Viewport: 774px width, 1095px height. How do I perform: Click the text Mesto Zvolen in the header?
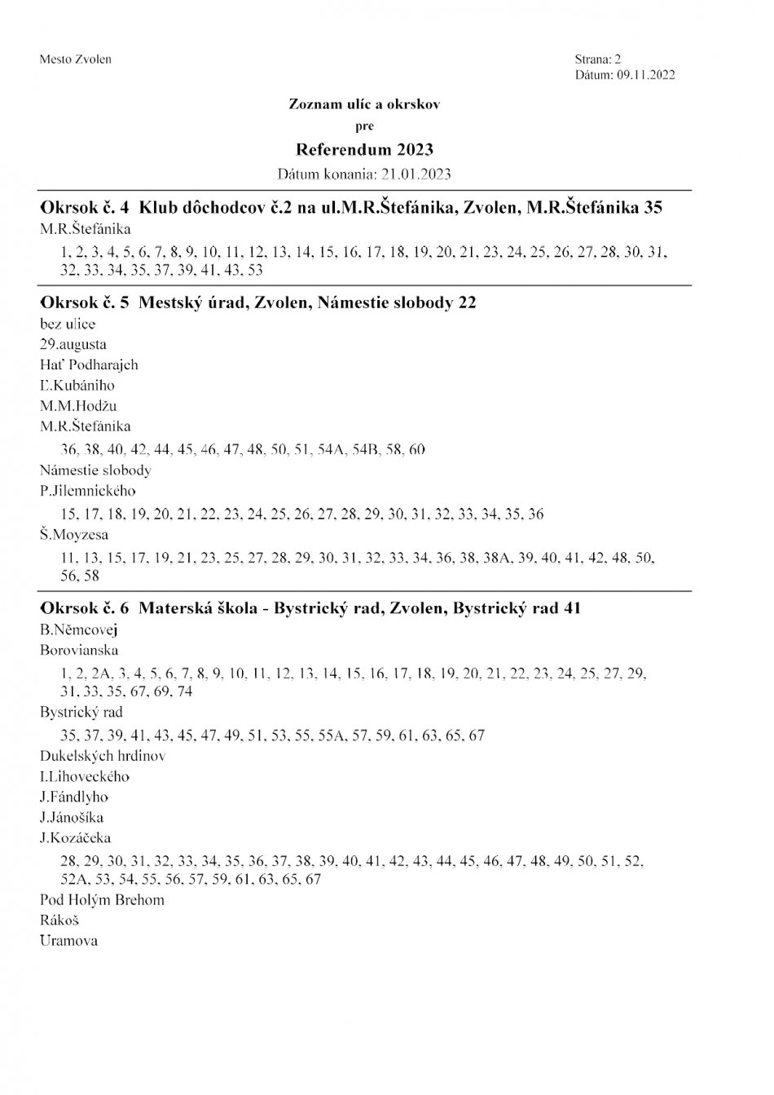click(x=75, y=60)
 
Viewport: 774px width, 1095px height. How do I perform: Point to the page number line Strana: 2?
click(x=597, y=60)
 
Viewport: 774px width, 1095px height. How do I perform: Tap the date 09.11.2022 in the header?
click(x=645, y=75)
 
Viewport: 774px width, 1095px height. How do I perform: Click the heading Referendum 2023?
click(x=364, y=150)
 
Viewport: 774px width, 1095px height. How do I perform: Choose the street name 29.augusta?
click(x=73, y=344)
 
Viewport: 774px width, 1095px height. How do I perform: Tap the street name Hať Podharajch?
click(x=89, y=364)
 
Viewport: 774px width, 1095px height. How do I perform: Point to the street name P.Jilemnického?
click(x=88, y=491)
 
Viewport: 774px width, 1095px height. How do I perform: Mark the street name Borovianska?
click(x=79, y=650)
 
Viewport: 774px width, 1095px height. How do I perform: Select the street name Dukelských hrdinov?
click(x=103, y=756)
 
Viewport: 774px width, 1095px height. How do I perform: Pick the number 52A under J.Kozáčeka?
click(x=73, y=880)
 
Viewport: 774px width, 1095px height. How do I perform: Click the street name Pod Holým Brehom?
click(x=102, y=900)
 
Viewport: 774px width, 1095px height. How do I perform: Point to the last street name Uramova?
click(x=68, y=941)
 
